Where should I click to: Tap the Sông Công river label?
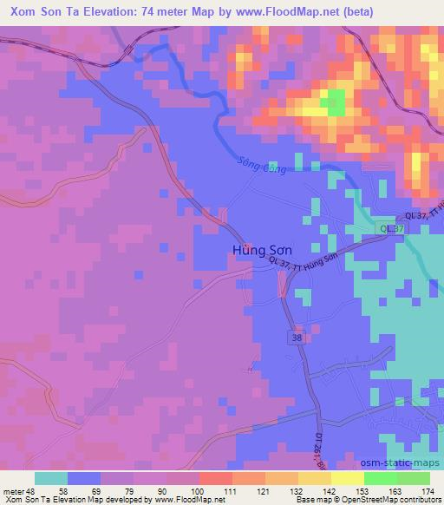coord(261,166)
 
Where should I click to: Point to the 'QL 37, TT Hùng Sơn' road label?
coord(315,263)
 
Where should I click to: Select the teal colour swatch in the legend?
coord(51,478)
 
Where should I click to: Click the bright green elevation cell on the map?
coord(331,105)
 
